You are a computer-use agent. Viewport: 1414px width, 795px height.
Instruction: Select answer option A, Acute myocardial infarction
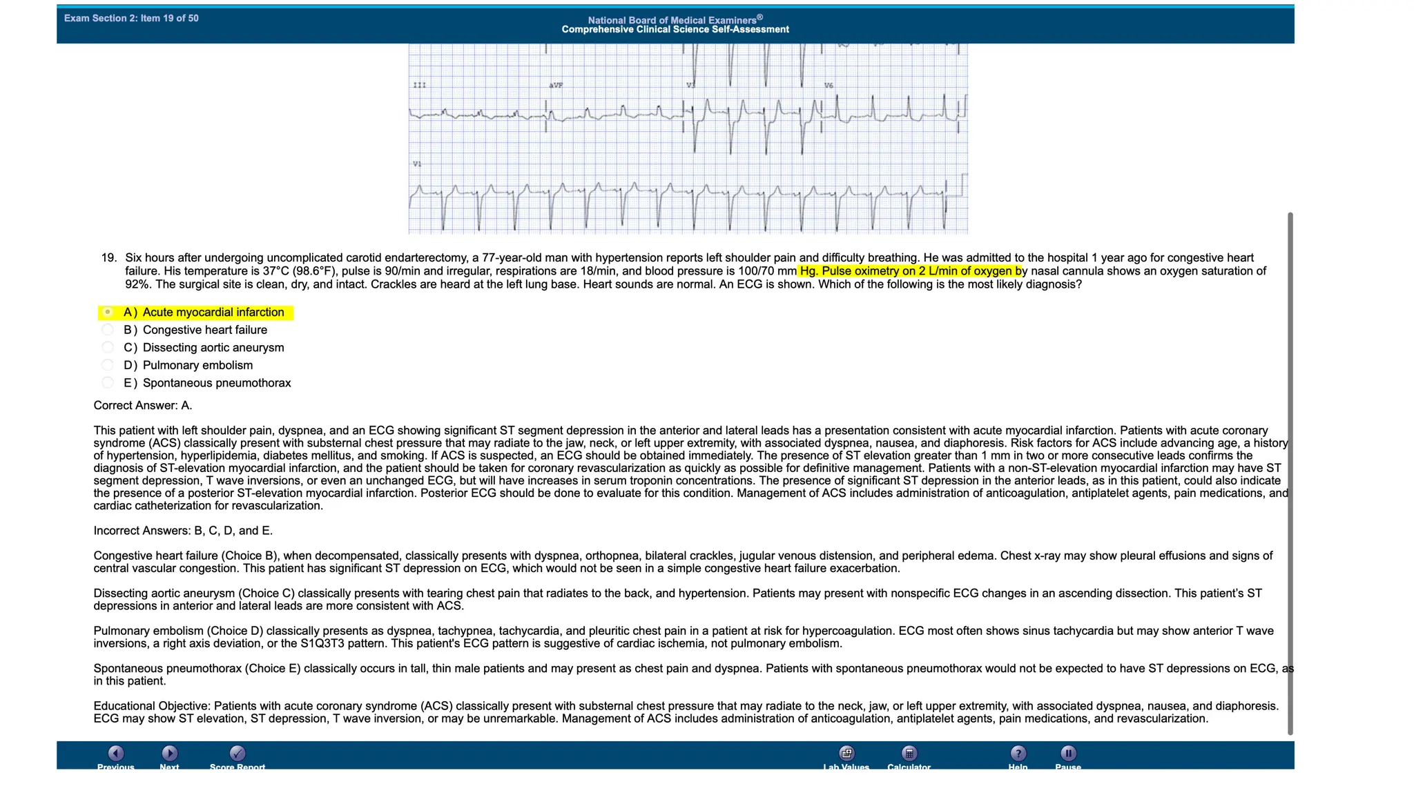point(108,313)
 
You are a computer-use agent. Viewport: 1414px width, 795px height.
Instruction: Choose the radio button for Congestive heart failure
point(108,330)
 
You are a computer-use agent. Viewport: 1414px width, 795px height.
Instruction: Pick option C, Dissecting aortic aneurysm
point(108,348)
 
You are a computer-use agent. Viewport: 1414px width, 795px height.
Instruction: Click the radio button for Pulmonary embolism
point(108,365)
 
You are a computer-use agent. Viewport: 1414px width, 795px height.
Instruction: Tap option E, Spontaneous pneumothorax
point(108,383)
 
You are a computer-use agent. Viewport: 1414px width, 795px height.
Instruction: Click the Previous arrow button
point(116,754)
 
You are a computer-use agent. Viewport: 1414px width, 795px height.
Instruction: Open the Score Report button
point(237,754)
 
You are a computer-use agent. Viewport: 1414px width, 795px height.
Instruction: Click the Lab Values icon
point(846,754)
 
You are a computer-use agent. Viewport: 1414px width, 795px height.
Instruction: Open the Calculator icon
point(909,754)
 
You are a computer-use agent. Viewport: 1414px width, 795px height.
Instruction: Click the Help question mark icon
point(1018,754)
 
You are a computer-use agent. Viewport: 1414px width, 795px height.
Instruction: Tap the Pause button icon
point(1067,754)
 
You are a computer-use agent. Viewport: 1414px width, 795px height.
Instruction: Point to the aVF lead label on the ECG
point(556,86)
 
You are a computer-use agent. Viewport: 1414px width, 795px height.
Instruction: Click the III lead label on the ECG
point(419,86)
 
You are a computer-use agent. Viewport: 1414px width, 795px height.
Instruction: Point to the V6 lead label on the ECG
point(829,86)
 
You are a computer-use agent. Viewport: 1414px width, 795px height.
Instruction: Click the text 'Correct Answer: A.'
point(143,406)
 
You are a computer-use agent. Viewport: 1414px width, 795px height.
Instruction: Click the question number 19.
point(109,258)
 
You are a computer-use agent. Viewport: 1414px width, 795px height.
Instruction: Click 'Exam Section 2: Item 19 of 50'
point(131,19)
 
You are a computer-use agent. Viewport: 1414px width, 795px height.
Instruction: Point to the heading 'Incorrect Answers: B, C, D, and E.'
point(183,531)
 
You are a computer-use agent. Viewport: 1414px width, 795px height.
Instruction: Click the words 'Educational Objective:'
point(152,706)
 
